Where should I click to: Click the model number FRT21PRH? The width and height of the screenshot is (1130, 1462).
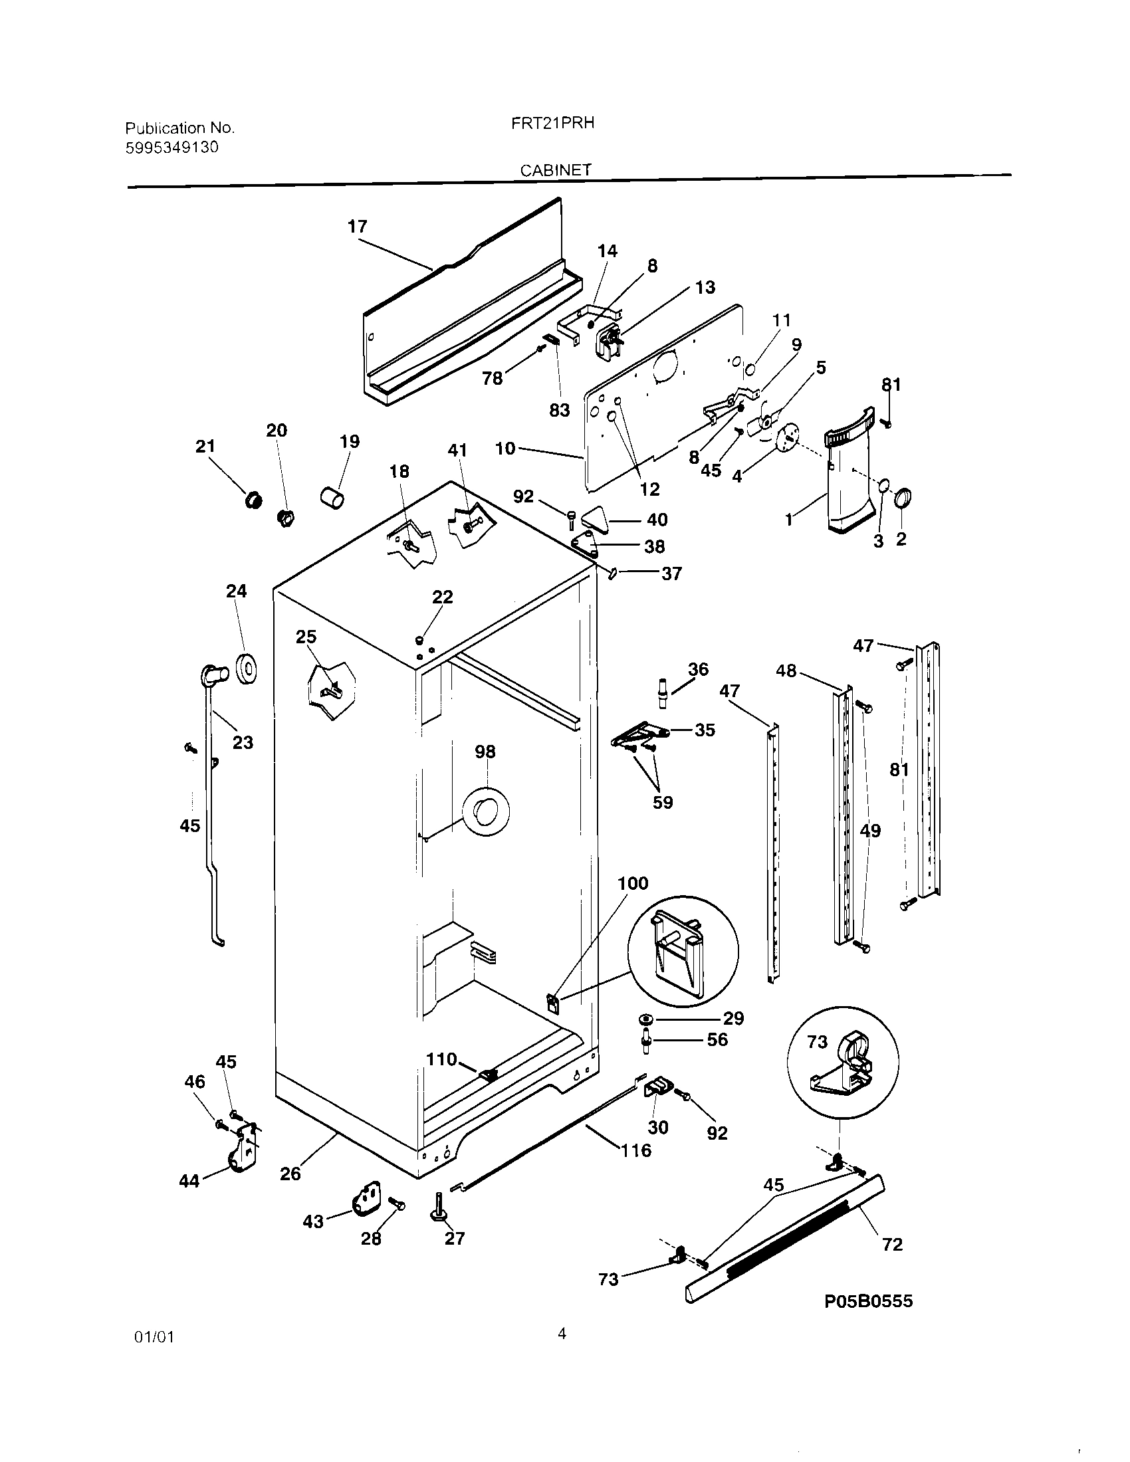(558, 123)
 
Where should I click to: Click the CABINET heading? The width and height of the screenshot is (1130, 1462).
(556, 171)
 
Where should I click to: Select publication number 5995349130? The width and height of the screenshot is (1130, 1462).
(172, 148)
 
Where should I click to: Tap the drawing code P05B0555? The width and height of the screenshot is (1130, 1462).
(867, 1301)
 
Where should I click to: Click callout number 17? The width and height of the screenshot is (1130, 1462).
(358, 226)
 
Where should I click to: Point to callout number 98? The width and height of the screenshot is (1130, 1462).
(485, 752)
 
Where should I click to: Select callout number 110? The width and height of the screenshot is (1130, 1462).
(441, 1059)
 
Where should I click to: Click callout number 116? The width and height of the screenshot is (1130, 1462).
(635, 1150)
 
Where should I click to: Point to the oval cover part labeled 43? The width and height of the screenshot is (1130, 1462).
(366, 1198)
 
